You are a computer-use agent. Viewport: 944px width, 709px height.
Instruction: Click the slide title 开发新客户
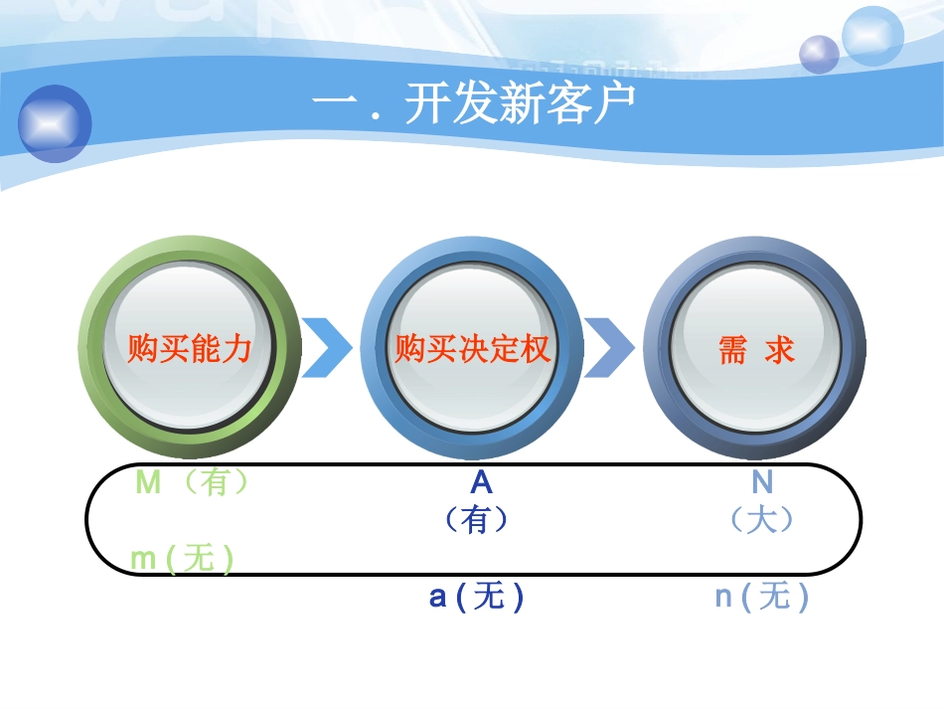(x=472, y=103)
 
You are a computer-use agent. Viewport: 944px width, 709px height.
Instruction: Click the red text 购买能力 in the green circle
(x=190, y=349)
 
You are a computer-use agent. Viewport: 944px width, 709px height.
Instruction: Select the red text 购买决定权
(x=472, y=349)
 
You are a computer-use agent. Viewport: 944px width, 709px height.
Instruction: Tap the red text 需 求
(x=756, y=349)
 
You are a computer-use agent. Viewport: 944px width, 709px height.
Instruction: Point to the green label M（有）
(x=192, y=482)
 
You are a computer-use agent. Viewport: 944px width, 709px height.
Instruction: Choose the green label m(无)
(x=182, y=559)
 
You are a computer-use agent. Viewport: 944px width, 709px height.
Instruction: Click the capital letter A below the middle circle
(x=481, y=482)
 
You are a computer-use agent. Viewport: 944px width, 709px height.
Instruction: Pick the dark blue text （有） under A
(x=477, y=519)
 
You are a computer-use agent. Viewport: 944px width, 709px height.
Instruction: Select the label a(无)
(x=476, y=597)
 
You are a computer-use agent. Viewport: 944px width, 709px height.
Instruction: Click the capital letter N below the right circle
(x=762, y=482)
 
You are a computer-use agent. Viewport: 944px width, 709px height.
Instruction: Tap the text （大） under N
(x=762, y=519)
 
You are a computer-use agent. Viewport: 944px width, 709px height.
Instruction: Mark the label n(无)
(x=762, y=597)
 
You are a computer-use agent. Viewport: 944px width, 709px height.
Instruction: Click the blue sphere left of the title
(x=55, y=123)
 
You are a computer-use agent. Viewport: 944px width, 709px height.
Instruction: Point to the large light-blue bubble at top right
(x=872, y=36)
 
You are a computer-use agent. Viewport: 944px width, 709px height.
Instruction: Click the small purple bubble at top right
(x=820, y=54)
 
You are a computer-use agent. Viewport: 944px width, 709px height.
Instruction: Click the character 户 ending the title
(x=613, y=103)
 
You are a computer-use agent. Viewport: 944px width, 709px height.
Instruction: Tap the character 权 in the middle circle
(x=535, y=349)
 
